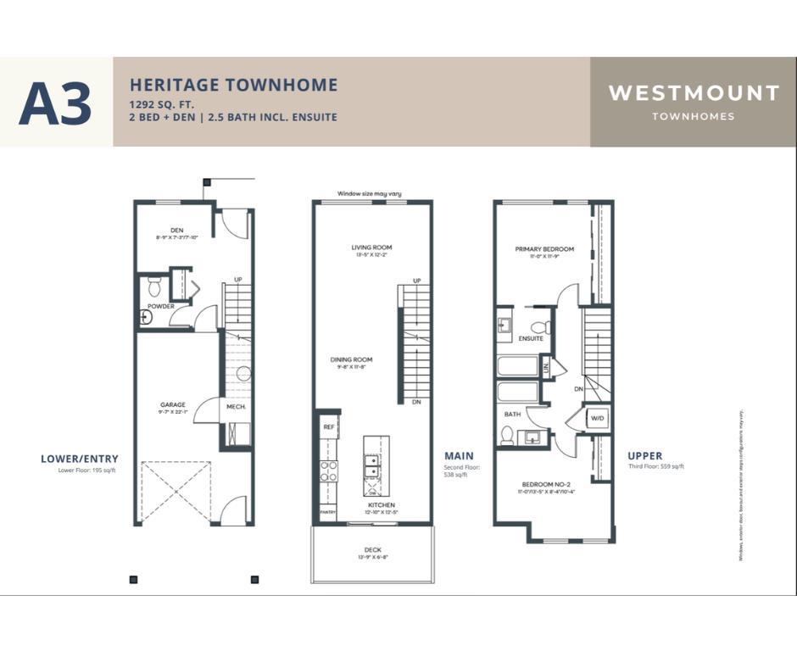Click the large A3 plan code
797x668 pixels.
tap(55, 103)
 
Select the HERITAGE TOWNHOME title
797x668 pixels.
tap(233, 85)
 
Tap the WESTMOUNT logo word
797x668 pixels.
tap(694, 93)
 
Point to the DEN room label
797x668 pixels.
tap(176, 230)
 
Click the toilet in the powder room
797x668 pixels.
tap(154, 285)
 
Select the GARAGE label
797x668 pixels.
tap(172, 405)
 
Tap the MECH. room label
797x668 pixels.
tap(235, 407)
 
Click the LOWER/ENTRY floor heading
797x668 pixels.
tap(80, 459)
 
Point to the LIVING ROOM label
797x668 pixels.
tap(371, 248)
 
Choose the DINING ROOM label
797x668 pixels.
tap(351, 359)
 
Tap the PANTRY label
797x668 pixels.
tap(327, 512)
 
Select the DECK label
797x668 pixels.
tap(372, 549)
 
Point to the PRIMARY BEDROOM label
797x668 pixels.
tap(544, 249)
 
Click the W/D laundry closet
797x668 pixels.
tap(596, 418)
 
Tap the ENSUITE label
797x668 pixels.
tap(531, 338)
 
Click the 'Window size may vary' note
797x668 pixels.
tap(369, 194)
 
